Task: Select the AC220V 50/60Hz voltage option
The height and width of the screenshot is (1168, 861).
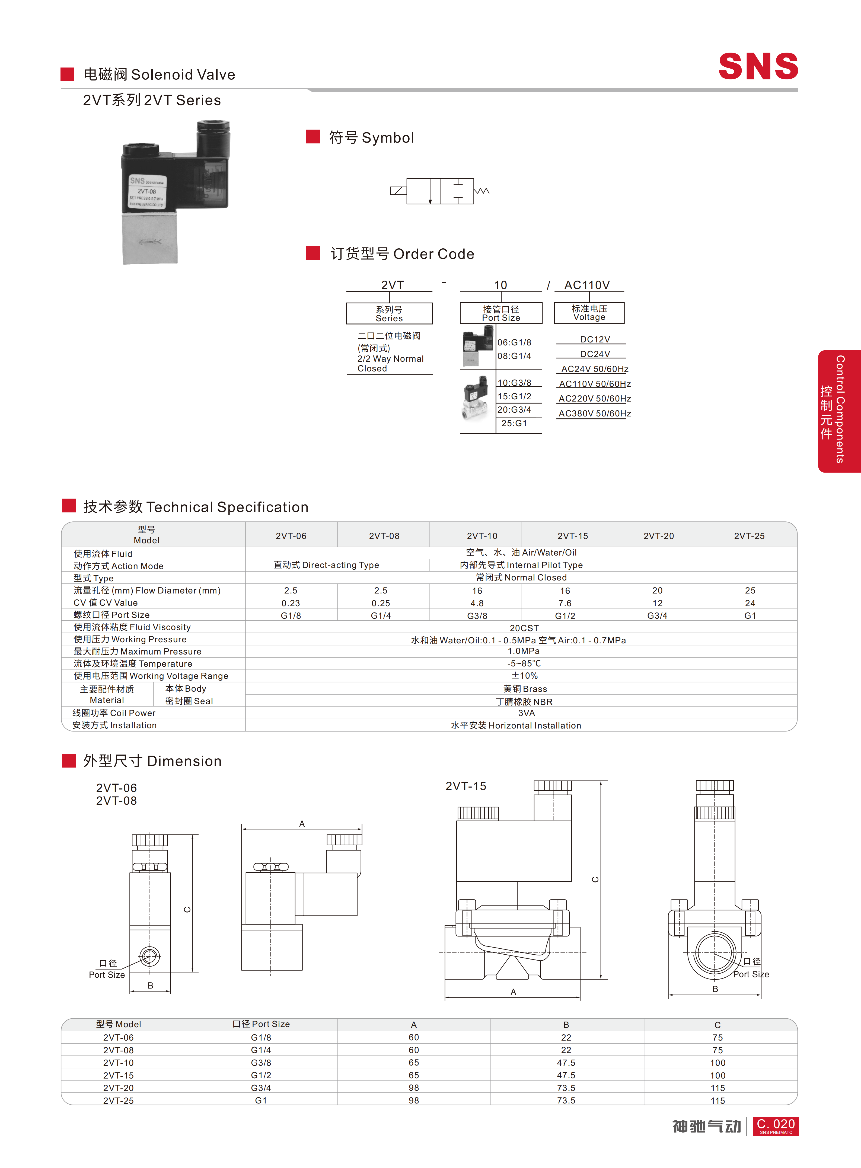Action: tap(595, 399)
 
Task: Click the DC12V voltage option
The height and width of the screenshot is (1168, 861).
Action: tap(595, 339)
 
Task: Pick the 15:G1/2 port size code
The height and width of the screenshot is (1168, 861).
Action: tap(514, 396)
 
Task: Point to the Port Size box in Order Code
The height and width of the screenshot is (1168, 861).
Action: tap(501, 313)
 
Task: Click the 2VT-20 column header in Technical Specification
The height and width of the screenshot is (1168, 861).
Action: tap(658, 535)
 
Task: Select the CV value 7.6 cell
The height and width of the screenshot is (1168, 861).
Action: tap(565, 603)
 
